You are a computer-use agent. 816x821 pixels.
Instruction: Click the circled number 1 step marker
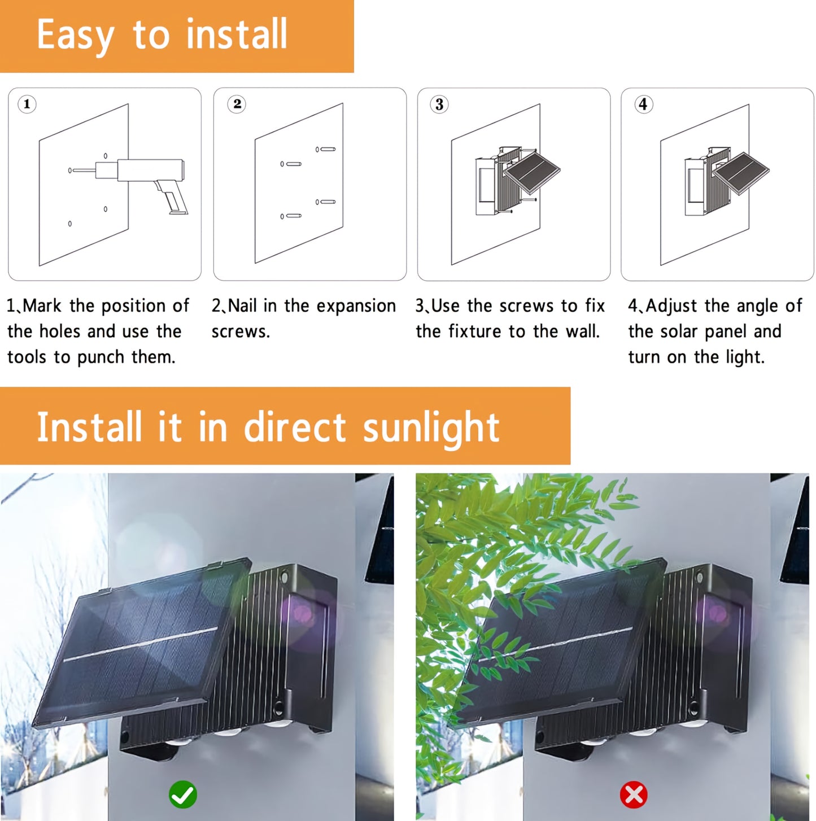coord(27,104)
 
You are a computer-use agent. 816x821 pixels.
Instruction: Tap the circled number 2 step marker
coord(237,103)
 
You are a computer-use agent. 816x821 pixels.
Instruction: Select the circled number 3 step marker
coord(439,104)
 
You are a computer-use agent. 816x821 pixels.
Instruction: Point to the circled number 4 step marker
coord(643,104)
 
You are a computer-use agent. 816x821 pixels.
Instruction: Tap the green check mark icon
coord(183,794)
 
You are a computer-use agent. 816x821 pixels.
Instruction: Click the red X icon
coord(634,794)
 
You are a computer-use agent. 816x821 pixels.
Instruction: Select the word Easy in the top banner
coord(76,36)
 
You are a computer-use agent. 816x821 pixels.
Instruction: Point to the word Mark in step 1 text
coord(42,305)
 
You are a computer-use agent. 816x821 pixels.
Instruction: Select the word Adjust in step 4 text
coord(671,307)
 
